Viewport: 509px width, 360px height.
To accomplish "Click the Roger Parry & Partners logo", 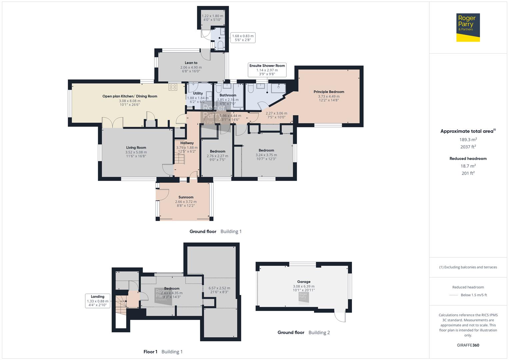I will pyautogui.click(x=468, y=27).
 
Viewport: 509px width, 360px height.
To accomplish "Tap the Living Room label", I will pyautogui.click(x=136, y=148).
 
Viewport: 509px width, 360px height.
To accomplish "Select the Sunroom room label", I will pyautogui.click(x=186, y=197).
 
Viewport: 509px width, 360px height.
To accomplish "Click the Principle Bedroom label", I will pyautogui.click(x=329, y=92).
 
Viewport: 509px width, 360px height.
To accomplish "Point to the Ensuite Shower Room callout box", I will pyautogui.click(x=267, y=70).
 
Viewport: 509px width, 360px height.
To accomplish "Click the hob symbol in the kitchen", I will pyautogui.click(x=173, y=87).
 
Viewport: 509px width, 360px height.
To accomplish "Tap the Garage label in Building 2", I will pyautogui.click(x=304, y=282).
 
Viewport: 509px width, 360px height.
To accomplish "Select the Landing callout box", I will pyautogui.click(x=98, y=301).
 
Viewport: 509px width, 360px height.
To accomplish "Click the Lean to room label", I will pyautogui.click(x=191, y=63).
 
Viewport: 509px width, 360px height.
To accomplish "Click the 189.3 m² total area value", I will pyautogui.click(x=468, y=140).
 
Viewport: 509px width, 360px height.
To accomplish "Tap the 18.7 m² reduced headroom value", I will pyautogui.click(x=468, y=166).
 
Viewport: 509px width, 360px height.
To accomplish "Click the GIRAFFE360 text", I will pyautogui.click(x=468, y=345).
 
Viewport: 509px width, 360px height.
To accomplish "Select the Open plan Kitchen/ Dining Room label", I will pyautogui.click(x=130, y=96).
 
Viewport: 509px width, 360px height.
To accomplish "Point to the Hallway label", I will pyautogui.click(x=187, y=143).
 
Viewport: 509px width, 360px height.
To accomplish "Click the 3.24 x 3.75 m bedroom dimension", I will pyautogui.click(x=266, y=155).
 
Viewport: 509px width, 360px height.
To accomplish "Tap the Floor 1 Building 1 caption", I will pyautogui.click(x=163, y=352).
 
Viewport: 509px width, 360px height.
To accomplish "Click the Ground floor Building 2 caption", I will pyautogui.click(x=304, y=332).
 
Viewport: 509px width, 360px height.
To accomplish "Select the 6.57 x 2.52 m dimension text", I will pyautogui.click(x=219, y=288).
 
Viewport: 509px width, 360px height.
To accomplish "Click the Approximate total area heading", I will pyautogui.click(x=468, y=131).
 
